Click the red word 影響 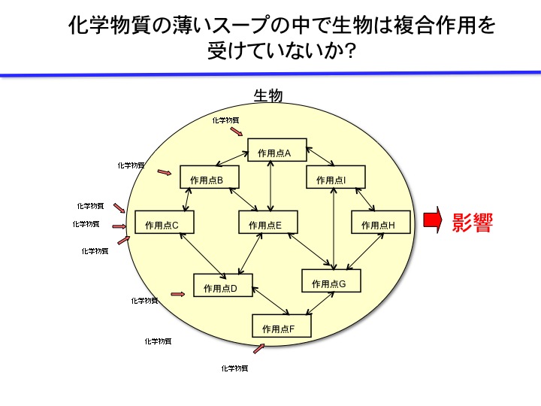(x=472, y=223)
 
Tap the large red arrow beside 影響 (x=432, y=220)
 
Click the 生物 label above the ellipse (x=268, y=95)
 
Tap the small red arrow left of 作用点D (x=178, y=294)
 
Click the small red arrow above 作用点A (x=237, y=132)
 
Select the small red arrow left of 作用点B (x=165, y=173)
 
